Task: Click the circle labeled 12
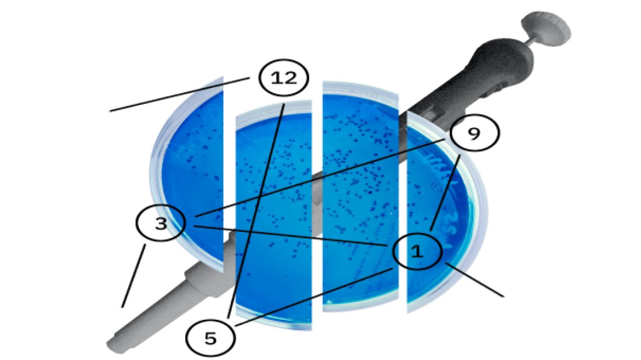(x=284, y=77)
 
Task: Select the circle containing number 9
(x=474, y=132)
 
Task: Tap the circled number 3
(x=161, y=223)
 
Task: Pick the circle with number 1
(x=417, y=251)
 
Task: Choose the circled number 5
(x=210, y=338)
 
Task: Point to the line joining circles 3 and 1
(x=290, y=235)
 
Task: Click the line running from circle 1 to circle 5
(x=314, y=297)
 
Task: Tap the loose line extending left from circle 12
(x=179, y=94)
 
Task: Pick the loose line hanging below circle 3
(x=133, y=276)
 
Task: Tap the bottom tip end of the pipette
(x=114, y=345)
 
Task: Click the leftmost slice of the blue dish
(x=187, y=175)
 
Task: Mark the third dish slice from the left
(x=361, y=196)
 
